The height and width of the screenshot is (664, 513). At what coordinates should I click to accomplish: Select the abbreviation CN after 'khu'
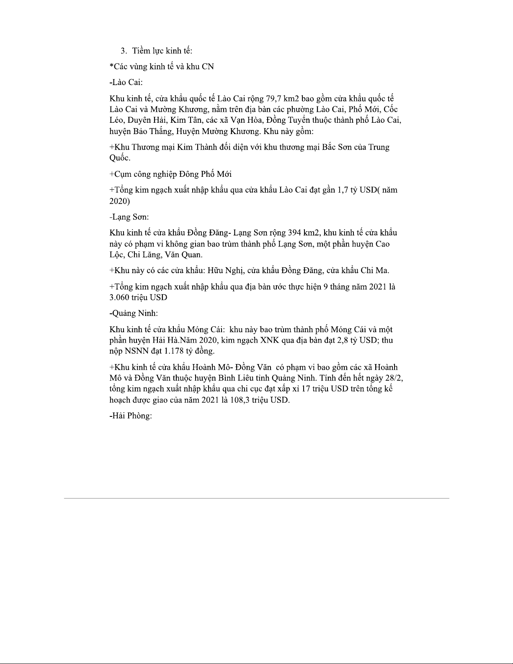208,67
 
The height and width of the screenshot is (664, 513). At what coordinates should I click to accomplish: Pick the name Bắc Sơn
337,147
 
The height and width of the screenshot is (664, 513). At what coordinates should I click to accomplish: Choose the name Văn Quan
186,255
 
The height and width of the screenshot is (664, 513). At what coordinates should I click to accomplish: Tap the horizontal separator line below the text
256,498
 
